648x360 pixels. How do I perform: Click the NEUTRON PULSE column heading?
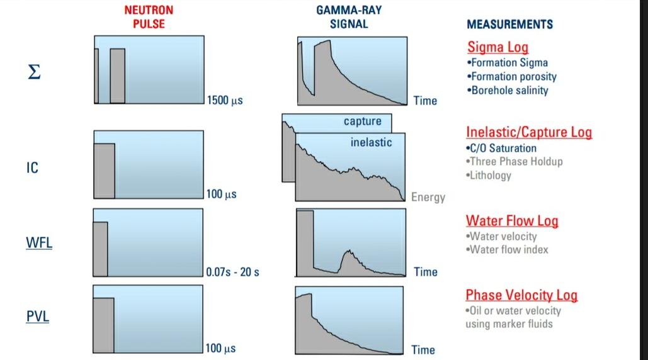pyautogui.click(x=149, y=17)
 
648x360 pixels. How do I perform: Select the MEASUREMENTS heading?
pyautogui.click(x=509, y=25)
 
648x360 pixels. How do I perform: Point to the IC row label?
pyautogui.click(x=32, y=168)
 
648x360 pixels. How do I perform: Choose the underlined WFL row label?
pyautogui.click(x=39, y=243)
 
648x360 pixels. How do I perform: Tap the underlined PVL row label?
pyautogui.click(x=38, y=316)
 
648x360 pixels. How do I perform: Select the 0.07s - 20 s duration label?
pyautogui.click(x=232, y=273)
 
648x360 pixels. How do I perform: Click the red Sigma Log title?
pyautogui.click(x=497, y=47)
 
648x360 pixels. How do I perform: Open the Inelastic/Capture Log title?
pyautogui.click(x=528, y=132)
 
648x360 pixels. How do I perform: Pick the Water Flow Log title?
pyautogui.click(x=511, y=221)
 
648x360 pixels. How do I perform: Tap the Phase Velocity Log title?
pyautogui.click(x=521, y=295)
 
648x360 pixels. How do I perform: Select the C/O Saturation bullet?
pyautogui.click(x=501, y=149)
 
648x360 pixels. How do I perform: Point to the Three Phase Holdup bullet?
pyautogui.click(x=514, y=162)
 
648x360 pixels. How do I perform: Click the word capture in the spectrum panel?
pyautogui.click(x=362, y=121)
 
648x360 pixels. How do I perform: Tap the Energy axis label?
pyautogui.click(x=428, y=198)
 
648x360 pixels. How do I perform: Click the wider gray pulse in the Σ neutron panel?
pyautogui.click(x=117, y=76)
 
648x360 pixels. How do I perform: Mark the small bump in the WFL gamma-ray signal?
pyautogui.click(x=350, y=258)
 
